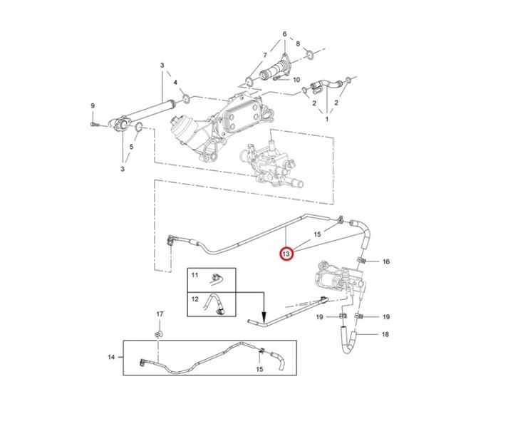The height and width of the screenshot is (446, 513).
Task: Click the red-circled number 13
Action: (286, 254)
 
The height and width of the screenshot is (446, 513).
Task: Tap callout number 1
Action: (327, 120)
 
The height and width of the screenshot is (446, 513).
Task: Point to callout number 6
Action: (284, 34)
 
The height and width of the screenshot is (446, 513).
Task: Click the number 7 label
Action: (265, 55)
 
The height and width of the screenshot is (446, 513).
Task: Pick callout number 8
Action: (299, 44)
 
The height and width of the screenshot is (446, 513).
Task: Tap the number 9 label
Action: (92, 106)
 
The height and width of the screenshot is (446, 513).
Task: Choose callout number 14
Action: (111, 357)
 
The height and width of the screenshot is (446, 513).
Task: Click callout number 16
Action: (386, 262)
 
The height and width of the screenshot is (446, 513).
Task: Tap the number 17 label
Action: (160, 314)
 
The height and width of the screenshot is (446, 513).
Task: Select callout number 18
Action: (385, 334)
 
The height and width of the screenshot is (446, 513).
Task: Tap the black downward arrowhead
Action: (264, 318)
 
